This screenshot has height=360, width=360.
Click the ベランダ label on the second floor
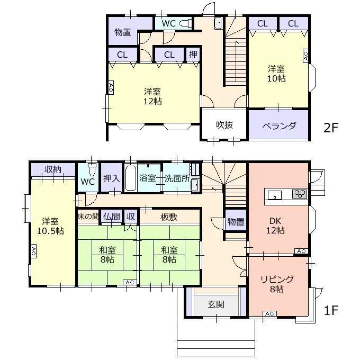point(279,125)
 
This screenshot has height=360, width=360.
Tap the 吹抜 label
point(224,125)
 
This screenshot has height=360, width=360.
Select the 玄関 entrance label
point(215,304)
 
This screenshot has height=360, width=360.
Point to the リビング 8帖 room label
point(276,284)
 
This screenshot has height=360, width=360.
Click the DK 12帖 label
point(276,225)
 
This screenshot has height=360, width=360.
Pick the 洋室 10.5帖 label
point(51,227)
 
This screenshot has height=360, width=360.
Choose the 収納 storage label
point(53,170)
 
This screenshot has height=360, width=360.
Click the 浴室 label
point(148,178)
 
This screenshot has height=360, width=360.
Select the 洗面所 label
point(176,178)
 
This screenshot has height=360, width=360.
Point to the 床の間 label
point(88,216)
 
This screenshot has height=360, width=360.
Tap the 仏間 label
point(112,216)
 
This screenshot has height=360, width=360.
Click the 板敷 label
point(169,216)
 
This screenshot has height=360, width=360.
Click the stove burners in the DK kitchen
point(299,194)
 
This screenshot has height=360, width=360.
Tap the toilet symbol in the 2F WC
point(185,24)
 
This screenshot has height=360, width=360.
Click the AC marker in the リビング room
point(268,313)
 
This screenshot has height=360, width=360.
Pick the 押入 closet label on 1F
point(112,179)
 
